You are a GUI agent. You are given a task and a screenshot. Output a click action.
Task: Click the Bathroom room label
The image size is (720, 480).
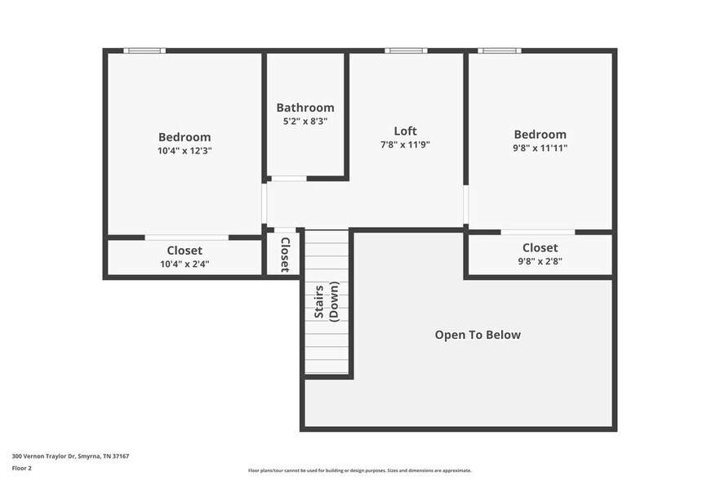click(304, 108)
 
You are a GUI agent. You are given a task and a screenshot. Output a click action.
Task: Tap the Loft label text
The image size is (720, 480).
click(405, 131)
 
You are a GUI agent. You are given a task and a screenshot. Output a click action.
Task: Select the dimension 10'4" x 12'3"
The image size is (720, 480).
click(184, 151)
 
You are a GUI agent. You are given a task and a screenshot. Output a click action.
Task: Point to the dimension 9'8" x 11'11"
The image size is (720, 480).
click(540, 149)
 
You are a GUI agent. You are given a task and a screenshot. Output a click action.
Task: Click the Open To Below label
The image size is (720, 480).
click(478, 335)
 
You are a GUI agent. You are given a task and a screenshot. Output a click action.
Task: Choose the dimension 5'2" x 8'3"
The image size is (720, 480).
click(304, 122)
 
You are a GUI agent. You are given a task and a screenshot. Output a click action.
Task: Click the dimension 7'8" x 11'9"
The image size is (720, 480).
click(405, 144)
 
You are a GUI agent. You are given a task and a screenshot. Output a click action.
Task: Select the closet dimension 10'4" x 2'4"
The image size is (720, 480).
click(184, 264)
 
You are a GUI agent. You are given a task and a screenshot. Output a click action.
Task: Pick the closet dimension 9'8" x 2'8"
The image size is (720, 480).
click(540, 261)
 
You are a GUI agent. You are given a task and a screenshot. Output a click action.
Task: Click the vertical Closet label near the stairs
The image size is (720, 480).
click(285, 254)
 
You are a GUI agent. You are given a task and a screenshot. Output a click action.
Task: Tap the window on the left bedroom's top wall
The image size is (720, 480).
click(144, 51)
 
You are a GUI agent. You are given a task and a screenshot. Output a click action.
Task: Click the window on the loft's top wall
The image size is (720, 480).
click(406, 51)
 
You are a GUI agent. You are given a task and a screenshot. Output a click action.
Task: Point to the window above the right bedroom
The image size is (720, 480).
click(499, 51)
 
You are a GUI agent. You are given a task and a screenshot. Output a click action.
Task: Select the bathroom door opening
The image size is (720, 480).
click(288, 178)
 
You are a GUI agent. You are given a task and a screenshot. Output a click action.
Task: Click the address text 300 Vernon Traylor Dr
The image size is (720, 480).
click(70, 456)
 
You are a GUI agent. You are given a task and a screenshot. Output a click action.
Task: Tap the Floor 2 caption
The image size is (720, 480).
click(22, 469)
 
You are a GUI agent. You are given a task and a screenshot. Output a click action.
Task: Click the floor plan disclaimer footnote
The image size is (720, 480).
click(359, 471)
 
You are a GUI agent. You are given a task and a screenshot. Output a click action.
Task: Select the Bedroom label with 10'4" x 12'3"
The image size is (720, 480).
click(184, 137)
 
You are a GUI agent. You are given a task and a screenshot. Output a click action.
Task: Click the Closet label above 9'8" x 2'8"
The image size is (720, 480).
click(540, 247)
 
